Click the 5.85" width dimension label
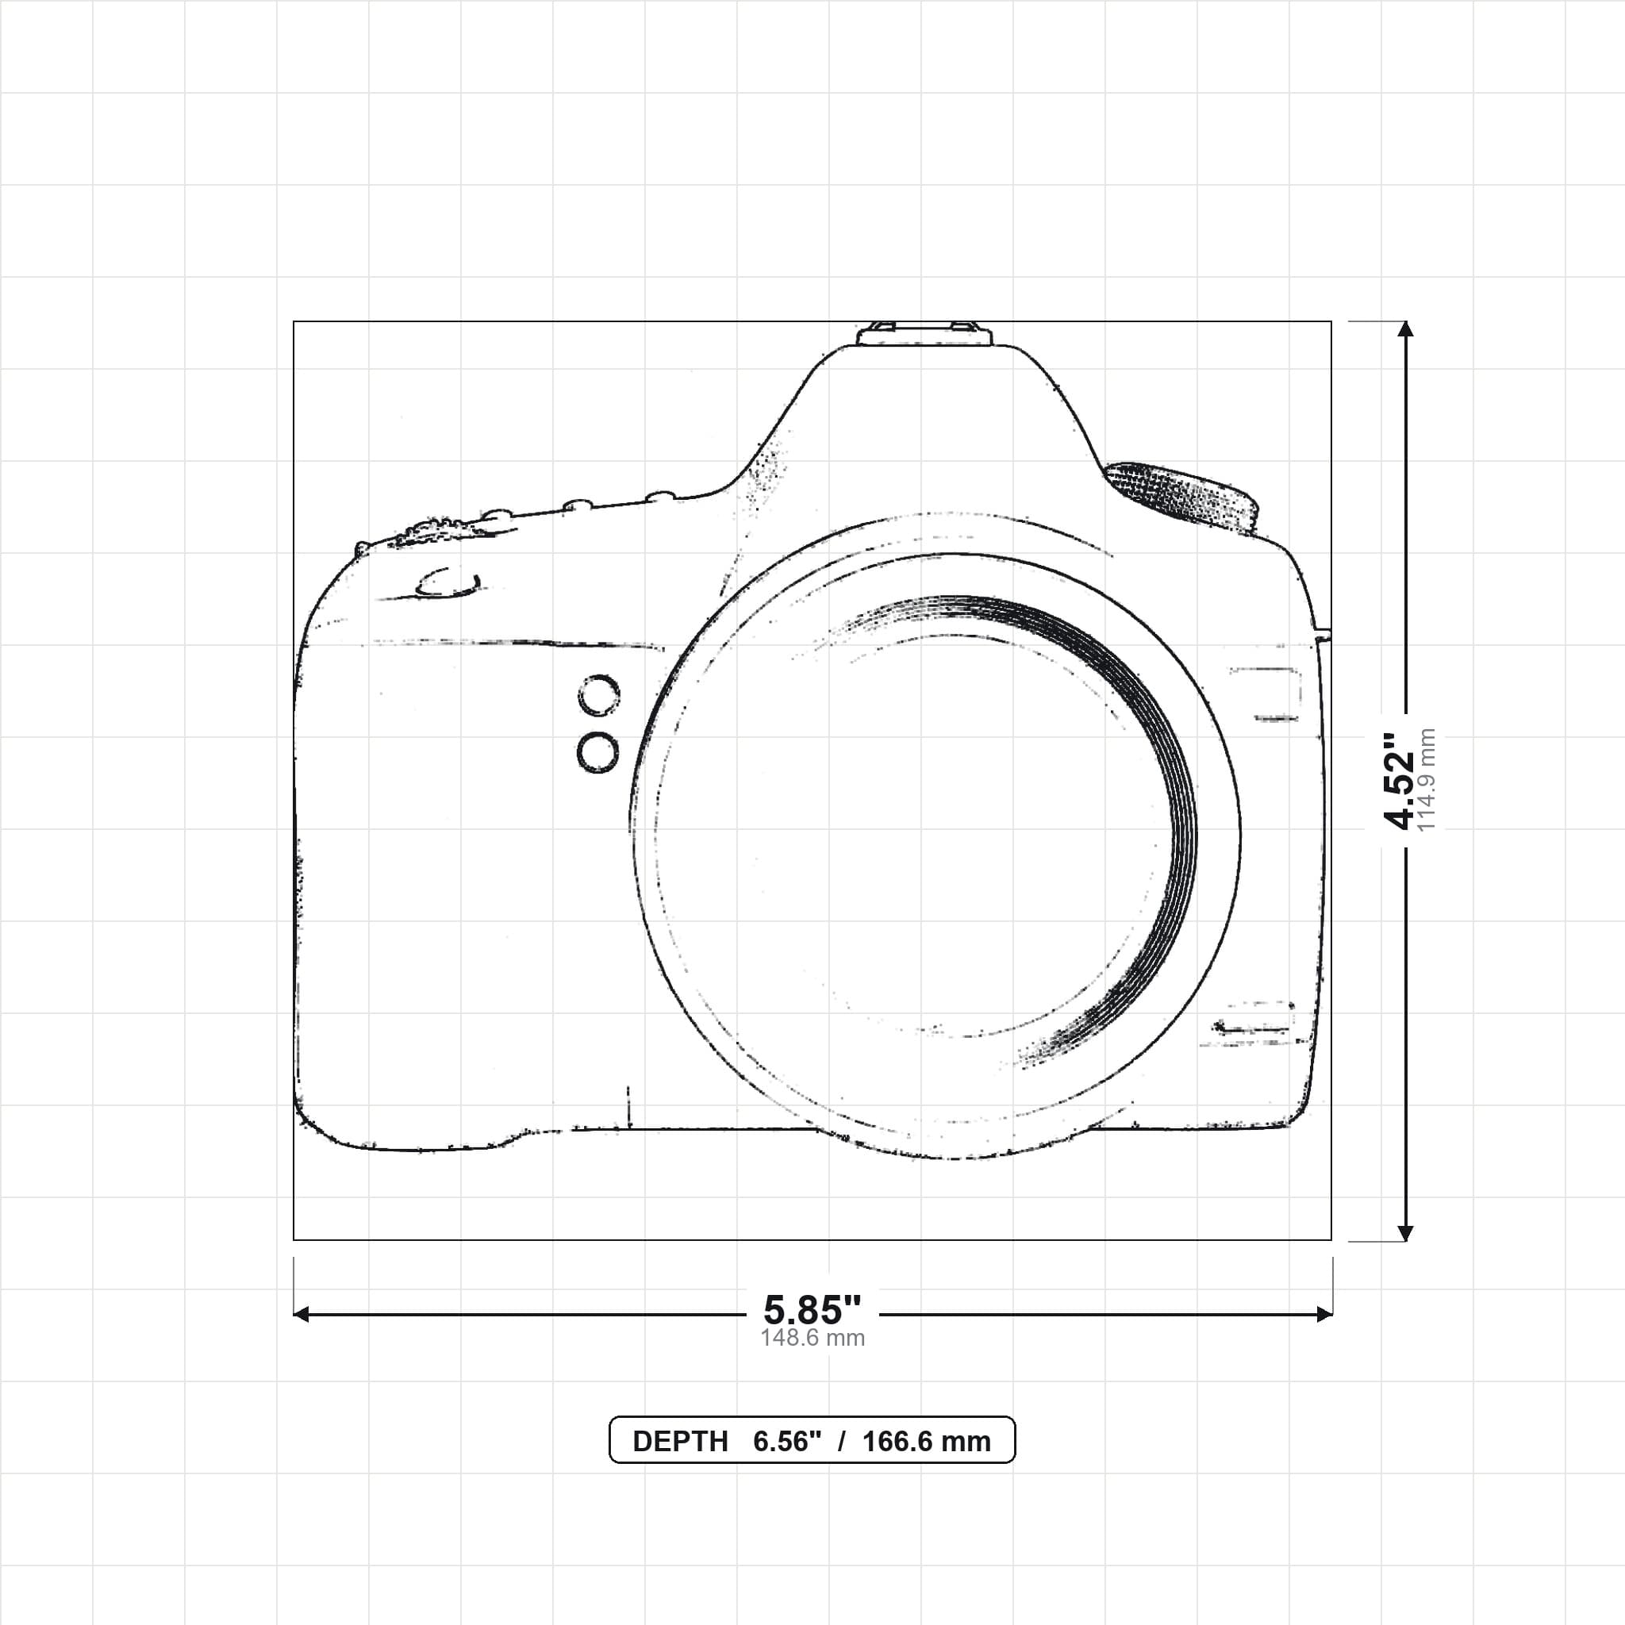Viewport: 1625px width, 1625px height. (x=812, y=1309)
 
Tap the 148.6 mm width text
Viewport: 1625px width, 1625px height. (x=812, y=1339)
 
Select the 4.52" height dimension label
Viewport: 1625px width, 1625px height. (x=1400, y=782)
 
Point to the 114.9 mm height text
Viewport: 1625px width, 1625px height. (x=1427, y=781)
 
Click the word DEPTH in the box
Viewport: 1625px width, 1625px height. (x=680, y=1442)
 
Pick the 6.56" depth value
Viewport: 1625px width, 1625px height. (x=787, y=1442)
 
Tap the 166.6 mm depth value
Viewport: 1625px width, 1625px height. (x=926, y=1442)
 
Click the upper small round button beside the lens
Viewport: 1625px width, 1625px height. (x=599, y=696)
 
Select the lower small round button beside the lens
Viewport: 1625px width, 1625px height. (x=598, y=753)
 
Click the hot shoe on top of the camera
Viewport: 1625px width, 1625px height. (x=924, y=333)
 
